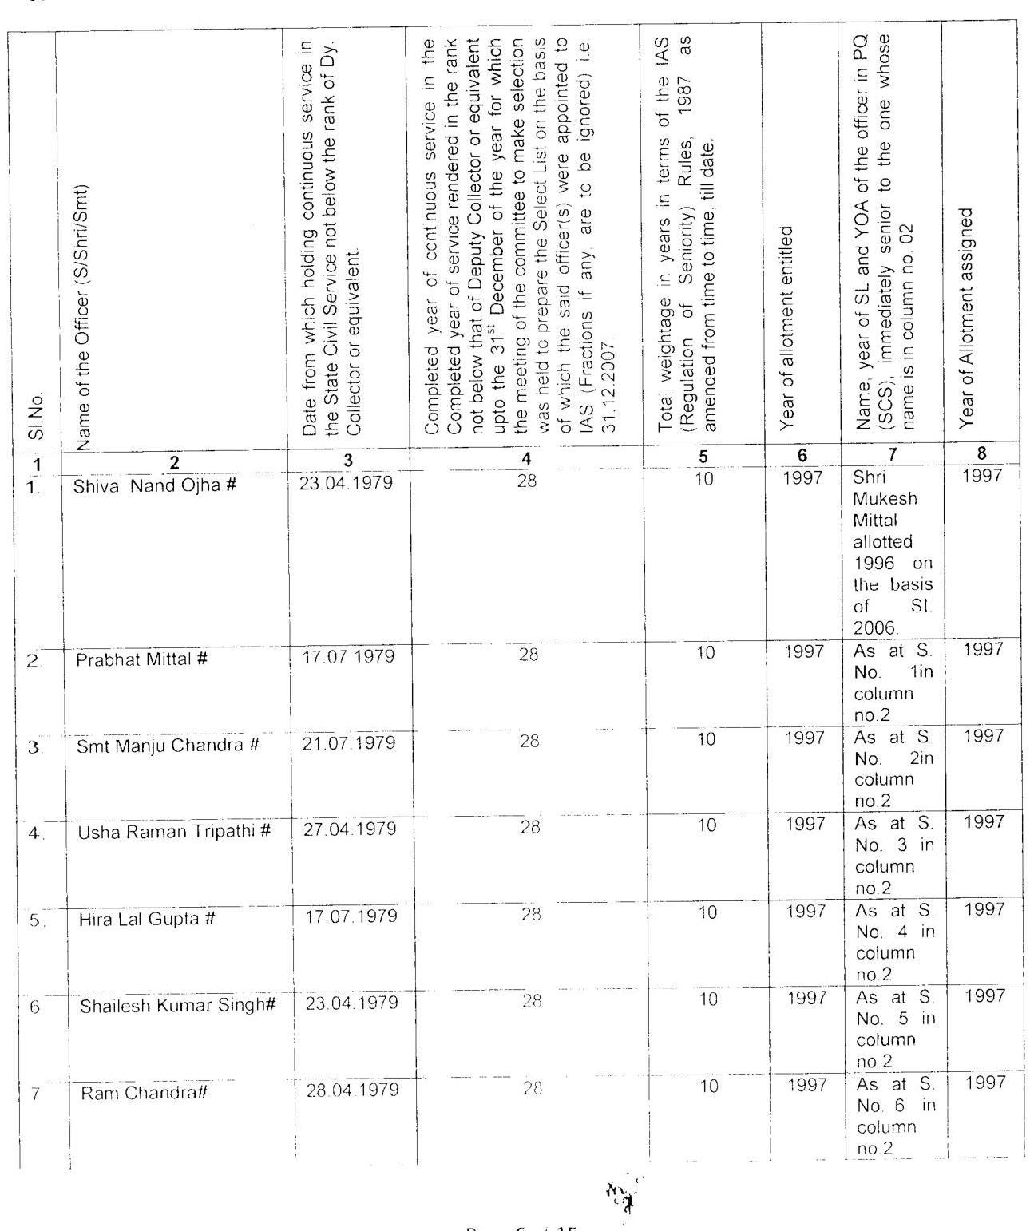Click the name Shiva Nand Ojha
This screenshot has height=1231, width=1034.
click(x=154, y=485)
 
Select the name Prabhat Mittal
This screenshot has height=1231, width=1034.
click(x=142, y=659)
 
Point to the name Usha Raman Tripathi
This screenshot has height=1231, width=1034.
click(x=174, y=832)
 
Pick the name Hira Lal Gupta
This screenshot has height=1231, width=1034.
click(x=147, y=919)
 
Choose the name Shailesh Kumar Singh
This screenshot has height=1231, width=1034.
click(x=177, y=1005)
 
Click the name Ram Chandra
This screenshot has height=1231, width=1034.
click(x=144, y=1092)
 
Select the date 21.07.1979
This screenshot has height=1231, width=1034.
click(x=349, y=743)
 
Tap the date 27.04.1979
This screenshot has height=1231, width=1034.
click(x=350, y=829)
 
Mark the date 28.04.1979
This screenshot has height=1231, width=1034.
click(x=352, y=1090)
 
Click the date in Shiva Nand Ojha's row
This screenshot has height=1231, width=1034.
click(x=346, y=483)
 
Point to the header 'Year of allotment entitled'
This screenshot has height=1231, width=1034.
click(x=787, y=327)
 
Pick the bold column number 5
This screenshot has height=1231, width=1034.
click(x=703, y=457)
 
